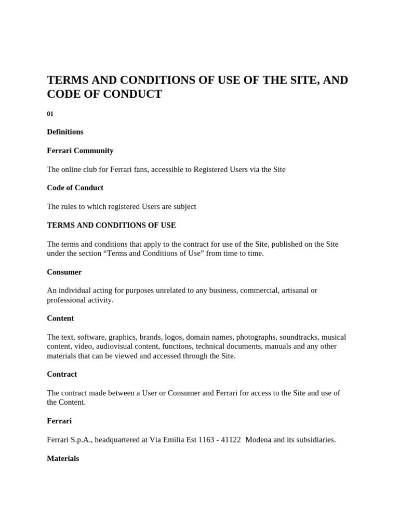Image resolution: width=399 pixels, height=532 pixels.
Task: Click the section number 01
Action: (x=50, y=114)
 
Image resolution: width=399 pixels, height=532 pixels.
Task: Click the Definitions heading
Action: (x=65, y=132)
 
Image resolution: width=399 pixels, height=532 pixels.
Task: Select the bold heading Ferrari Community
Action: (x=80, y=151)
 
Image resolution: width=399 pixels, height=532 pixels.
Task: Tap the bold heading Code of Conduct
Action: (x=75, y=188)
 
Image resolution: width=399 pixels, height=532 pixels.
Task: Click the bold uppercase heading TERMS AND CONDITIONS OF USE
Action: (x=111, y=225)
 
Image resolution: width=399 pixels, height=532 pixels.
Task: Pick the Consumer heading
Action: (x=64, y=272)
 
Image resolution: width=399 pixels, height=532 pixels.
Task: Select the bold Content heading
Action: (x=60, y=318)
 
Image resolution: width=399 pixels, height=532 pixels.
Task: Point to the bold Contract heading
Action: (x=62, y=375)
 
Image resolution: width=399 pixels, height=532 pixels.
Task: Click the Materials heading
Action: (x=63, y=459)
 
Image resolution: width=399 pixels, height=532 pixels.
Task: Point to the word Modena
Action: (x=258, y=440)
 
